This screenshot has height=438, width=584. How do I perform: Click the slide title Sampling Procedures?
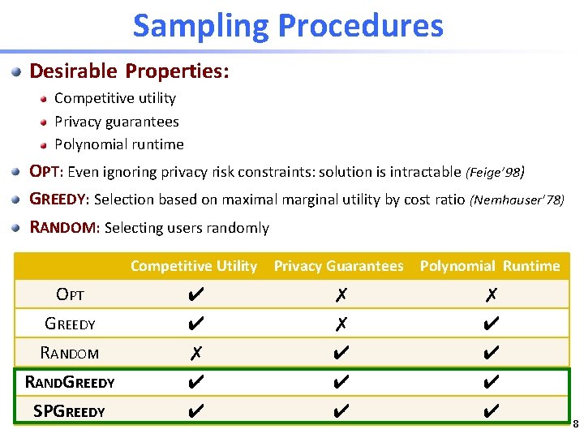288,26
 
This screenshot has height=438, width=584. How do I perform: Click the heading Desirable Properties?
130,71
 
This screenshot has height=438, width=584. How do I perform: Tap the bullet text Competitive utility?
115,98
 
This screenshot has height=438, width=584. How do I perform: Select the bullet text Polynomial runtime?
119,144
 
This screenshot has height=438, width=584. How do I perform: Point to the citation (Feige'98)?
495,172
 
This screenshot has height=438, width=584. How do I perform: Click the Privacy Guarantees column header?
338,266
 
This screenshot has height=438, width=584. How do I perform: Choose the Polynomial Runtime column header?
489,266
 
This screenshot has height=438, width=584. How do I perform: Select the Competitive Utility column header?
194,266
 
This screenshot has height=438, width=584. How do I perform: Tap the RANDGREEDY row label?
70,381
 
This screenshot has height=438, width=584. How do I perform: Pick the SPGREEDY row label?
69,410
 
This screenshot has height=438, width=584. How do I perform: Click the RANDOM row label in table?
70,353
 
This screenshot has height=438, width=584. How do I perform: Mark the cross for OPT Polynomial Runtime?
490,296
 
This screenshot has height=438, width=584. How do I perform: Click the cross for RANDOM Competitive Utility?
195,353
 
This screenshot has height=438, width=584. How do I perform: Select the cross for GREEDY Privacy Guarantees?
341,324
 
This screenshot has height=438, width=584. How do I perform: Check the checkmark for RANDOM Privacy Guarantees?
341,353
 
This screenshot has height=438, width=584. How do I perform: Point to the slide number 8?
575,423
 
